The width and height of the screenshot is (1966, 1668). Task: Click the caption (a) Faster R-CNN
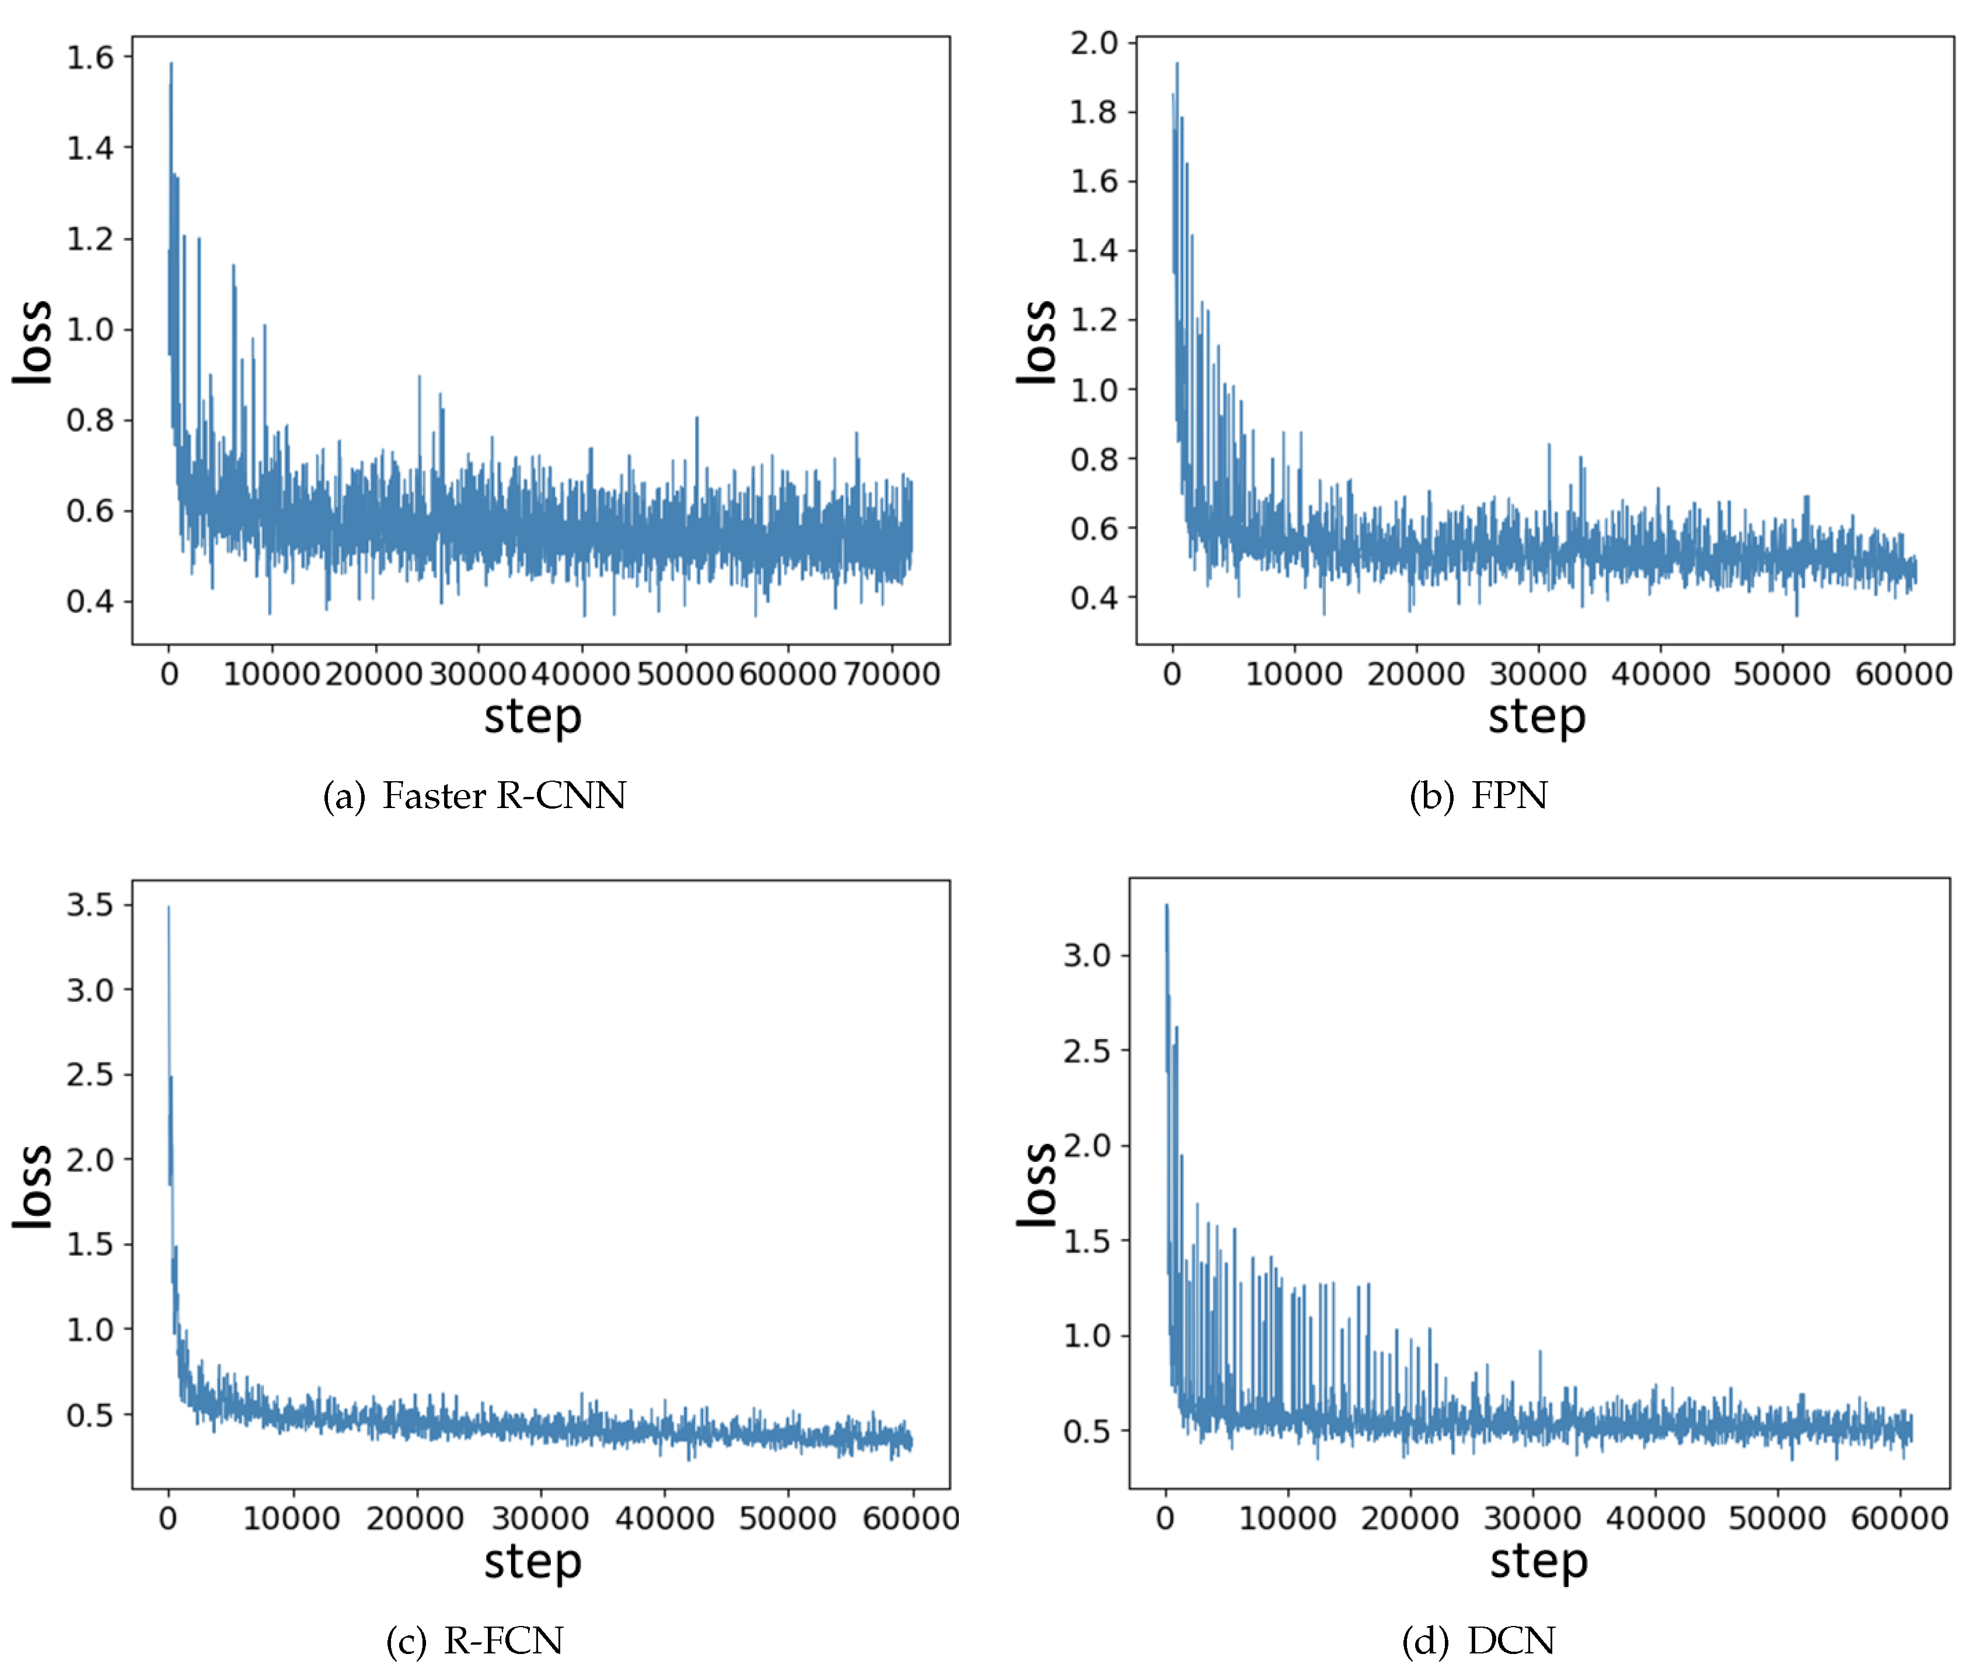(474, 795)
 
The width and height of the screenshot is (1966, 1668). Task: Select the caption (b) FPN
(1478, 795)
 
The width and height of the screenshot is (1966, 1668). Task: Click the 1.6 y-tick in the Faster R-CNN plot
(90, 58)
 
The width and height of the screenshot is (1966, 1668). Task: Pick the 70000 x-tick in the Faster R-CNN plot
(891, 674)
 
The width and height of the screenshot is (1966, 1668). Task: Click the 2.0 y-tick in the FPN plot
(1094, 43)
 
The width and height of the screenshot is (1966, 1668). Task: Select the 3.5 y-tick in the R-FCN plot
(90, 905)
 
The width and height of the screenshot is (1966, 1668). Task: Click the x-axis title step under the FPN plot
(1537, 717)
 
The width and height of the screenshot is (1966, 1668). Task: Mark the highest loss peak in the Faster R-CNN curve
(171, 64)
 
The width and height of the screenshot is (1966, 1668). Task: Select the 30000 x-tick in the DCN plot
(1532, 1519)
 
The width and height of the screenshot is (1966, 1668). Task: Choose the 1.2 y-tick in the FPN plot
(1094, 320)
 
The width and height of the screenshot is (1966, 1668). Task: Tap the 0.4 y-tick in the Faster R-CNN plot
(90, 602)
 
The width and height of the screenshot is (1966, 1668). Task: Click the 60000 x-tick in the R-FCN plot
(911, 1519)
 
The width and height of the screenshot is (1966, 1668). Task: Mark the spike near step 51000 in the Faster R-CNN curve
(697, 418)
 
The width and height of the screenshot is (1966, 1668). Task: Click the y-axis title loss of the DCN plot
(1038, 1185)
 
